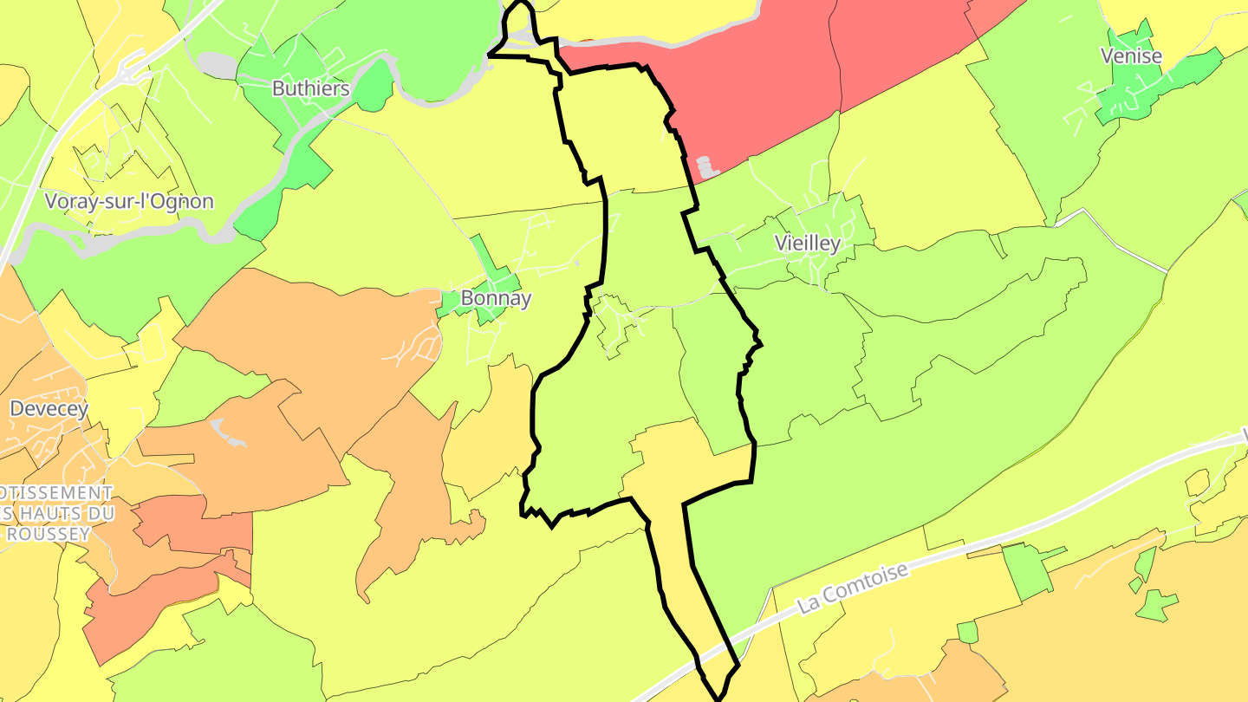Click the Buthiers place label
[310, 88]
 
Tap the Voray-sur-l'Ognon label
[128, 202]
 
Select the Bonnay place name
[496, 298]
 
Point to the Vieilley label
[807, 244]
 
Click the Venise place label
[1131, 56]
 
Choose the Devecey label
[49, 408]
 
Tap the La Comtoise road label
[853, 587]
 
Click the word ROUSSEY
[49, 534]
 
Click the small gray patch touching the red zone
[707, 166]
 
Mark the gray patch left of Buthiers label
[217, 65]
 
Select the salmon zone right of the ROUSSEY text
[191, 524]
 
